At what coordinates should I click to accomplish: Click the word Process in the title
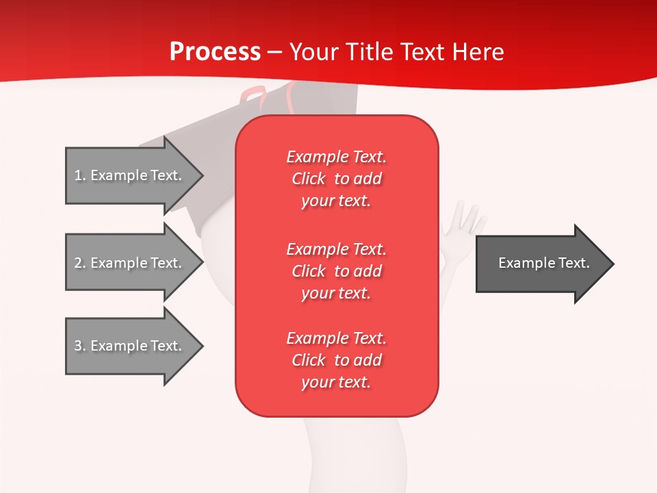216,52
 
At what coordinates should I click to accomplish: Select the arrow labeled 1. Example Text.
135,175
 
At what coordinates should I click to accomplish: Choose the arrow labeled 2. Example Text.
135,262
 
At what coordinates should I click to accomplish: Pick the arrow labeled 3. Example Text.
135,346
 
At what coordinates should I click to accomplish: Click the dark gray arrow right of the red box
545,264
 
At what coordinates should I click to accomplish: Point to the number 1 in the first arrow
78,175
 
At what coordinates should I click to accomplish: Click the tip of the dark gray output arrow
614,264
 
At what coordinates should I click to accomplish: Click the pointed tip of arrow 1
204,175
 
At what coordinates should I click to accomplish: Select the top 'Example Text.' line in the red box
337,157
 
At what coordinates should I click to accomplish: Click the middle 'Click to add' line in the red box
337,271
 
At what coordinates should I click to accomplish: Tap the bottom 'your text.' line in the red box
336,382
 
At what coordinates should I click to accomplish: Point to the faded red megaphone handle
254,97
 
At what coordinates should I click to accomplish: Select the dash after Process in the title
275,53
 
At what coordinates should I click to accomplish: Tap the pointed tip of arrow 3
204,346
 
